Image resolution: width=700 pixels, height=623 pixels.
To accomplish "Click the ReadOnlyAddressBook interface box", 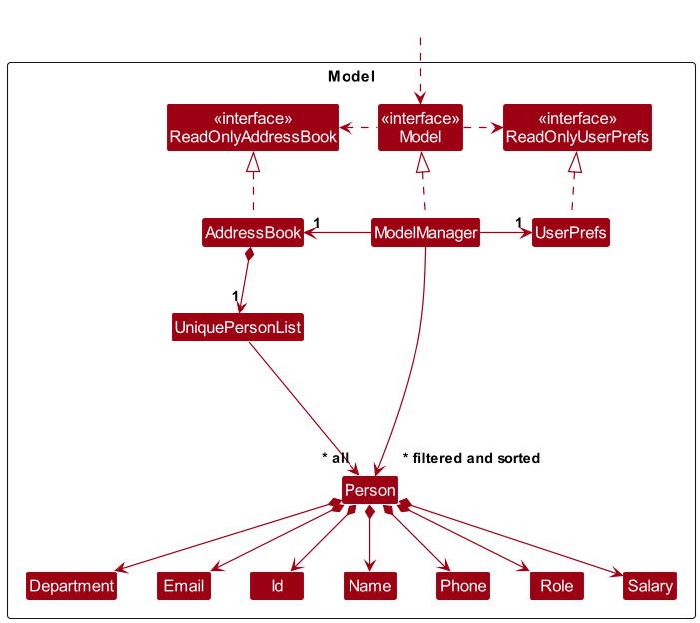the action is point(253,127).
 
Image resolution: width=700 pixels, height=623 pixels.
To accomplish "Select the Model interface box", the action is point(420,127).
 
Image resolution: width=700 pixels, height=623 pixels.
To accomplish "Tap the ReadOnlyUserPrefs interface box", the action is point(577,127).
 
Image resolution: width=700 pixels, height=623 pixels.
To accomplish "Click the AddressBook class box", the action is point(253,232).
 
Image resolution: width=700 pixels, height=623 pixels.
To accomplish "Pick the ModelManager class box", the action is point(426,232).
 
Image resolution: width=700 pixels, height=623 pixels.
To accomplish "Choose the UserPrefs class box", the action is point(570,232).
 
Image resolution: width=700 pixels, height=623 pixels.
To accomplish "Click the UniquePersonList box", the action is point(238,327).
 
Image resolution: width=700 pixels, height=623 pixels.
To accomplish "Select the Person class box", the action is point(369,490).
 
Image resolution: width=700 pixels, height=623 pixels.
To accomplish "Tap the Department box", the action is point(72,586).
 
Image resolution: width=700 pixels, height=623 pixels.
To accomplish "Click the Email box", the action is point(184,586).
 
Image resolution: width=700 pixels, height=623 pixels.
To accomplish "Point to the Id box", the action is point(277,586).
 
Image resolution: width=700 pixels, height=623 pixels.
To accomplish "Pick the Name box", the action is point(370,586).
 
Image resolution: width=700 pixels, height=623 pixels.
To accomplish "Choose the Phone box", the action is point(463,586).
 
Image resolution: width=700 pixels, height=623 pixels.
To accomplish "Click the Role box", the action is point(556,586).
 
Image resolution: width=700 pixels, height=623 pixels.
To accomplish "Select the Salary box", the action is point(650,586).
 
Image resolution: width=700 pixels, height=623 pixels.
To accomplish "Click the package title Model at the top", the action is point(351,76).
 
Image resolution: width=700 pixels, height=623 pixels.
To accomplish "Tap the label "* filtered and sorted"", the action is point(471,458).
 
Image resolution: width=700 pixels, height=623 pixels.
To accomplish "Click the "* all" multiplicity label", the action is point(335,458).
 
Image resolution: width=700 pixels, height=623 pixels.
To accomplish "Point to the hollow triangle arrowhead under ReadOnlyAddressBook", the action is point(253,162).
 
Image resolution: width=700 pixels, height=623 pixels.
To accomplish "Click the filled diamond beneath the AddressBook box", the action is point(249,254).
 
